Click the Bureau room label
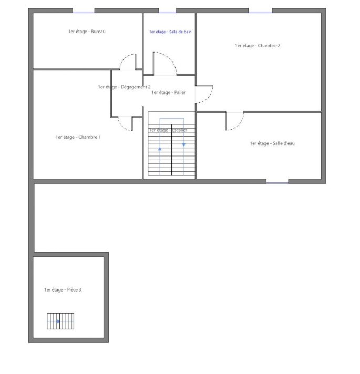point(87,32)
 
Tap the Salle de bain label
point(170,32)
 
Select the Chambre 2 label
point(258,46)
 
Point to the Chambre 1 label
point(78,137)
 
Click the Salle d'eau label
point(272,143)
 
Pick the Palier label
point(168,92)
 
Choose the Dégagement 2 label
point(125,87)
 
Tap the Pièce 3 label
point(63,290)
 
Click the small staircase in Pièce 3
point(60,321)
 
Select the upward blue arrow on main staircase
point(160,149)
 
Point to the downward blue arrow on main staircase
point(184,145)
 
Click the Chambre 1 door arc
point(122,126)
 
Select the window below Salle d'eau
point(277,182)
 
